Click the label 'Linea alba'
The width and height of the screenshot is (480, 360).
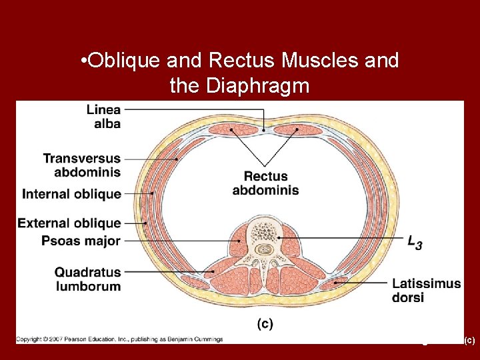103,116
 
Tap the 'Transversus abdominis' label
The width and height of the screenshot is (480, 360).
82,165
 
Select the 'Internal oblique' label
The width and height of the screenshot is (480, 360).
72,194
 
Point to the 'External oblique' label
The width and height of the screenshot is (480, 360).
69,223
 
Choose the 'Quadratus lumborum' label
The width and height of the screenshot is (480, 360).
87,279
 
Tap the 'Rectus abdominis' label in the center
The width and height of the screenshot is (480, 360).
265,183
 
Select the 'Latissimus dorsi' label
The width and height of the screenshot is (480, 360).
426,290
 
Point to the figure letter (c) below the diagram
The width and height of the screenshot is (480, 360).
265,323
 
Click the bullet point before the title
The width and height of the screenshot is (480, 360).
81,62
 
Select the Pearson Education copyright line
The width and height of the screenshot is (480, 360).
120,339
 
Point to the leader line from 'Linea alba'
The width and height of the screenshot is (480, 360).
193,109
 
